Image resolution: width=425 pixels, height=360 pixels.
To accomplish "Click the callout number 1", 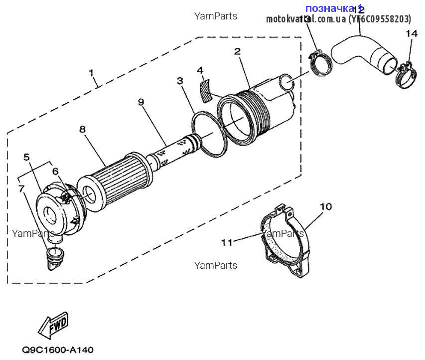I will (x=92, y=73).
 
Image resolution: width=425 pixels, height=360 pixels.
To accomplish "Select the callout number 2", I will (x=237, y=51).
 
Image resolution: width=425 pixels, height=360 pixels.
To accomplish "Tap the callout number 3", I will (x=180, y=80).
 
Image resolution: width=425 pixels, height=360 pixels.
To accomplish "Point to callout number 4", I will (x=200, y=70).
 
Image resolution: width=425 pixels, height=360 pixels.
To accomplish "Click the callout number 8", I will (x=82, y=129).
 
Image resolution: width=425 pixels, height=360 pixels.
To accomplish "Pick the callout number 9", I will (x=141, y=102).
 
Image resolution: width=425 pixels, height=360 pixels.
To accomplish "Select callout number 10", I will (x=325, y=206).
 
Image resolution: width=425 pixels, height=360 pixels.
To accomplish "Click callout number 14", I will (x=411, y=34).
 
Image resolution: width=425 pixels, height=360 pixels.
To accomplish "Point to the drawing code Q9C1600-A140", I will (x=57, y=350).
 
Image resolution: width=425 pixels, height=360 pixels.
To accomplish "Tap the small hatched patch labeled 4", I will (x=203, y=90).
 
